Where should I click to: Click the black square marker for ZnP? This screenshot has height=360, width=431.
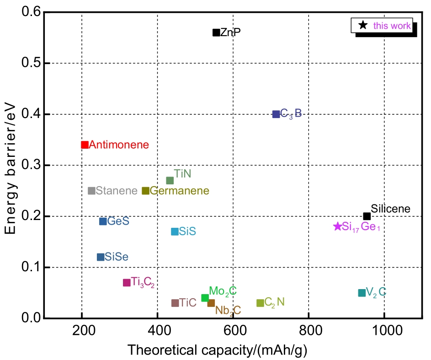[x=216, y=32]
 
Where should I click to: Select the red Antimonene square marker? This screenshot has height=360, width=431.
[x=85, y=145]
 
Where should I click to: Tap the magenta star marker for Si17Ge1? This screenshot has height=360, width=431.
[x=338, y=226]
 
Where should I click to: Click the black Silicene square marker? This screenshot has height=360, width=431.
[x=367, y=216]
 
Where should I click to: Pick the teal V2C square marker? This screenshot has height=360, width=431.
[x=362, y=293]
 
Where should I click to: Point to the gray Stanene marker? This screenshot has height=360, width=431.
[x=91, y=191]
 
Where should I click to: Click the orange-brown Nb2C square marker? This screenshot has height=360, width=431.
[x=211, y=303]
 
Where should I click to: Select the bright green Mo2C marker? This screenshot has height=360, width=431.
[x=205, y=298]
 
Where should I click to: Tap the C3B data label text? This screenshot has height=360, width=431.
[x=291, y=114]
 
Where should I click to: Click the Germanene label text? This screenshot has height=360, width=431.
[x=179, y=191]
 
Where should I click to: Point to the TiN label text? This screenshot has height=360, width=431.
[x=182, y=174]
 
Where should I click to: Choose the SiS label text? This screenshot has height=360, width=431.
[x=187, y=232]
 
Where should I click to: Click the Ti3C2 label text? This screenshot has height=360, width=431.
[x=143, y=282]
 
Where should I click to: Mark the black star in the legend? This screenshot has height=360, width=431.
[x=363, y=26]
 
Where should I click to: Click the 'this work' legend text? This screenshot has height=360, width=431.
[x=392, y=26]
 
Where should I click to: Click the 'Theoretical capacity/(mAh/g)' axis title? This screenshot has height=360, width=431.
[x=217, y=350]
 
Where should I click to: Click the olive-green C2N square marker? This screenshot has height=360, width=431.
[x=260, y=303]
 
